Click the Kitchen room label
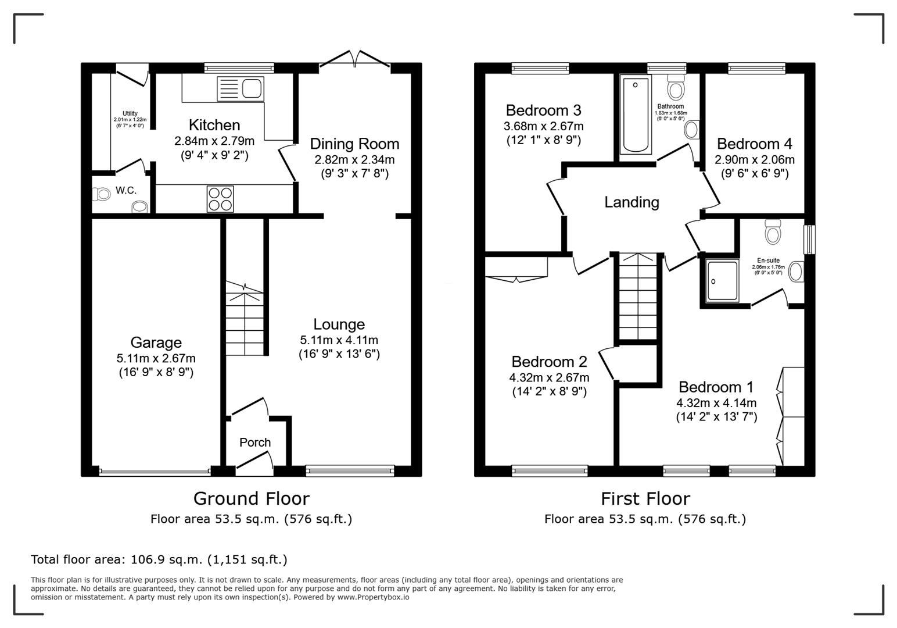pyautogui.click(x=214, y=125)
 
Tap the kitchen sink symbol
pyautogui.click(x=241, y=89)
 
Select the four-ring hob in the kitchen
pyautogui.click(x=220, y=199)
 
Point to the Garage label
pyautogui.click(x=156, y=342)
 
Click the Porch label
pyautogui.click(x=255, y=443)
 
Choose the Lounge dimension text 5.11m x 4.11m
pyautogui.click(x=339, y=340)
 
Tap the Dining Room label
pyautogui.click(x=354, y=144)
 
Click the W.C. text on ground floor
pyautogui.click(x=125, y=190)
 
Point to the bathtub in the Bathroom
pyautogui.click(x=635, y=114)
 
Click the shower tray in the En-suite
pyautogui.click(x=722, y=281)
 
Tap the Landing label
pyautogui.click(x=632, y=202)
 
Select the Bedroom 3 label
pyautogui.click(x=543, y=110)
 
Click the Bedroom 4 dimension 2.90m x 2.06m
pyautogui.click(x=754, y=159)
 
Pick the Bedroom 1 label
pyautogui.click(x=716, y=387)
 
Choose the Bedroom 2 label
pyautogui.click(x=549, y=362)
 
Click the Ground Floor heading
pyautogui.click(x=251, y=498)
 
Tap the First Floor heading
pyautogui.click(x=645, y=498)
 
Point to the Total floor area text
pyautogui.click(x=159, y=559)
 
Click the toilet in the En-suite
pyautogui.click(x=773, y=231)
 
